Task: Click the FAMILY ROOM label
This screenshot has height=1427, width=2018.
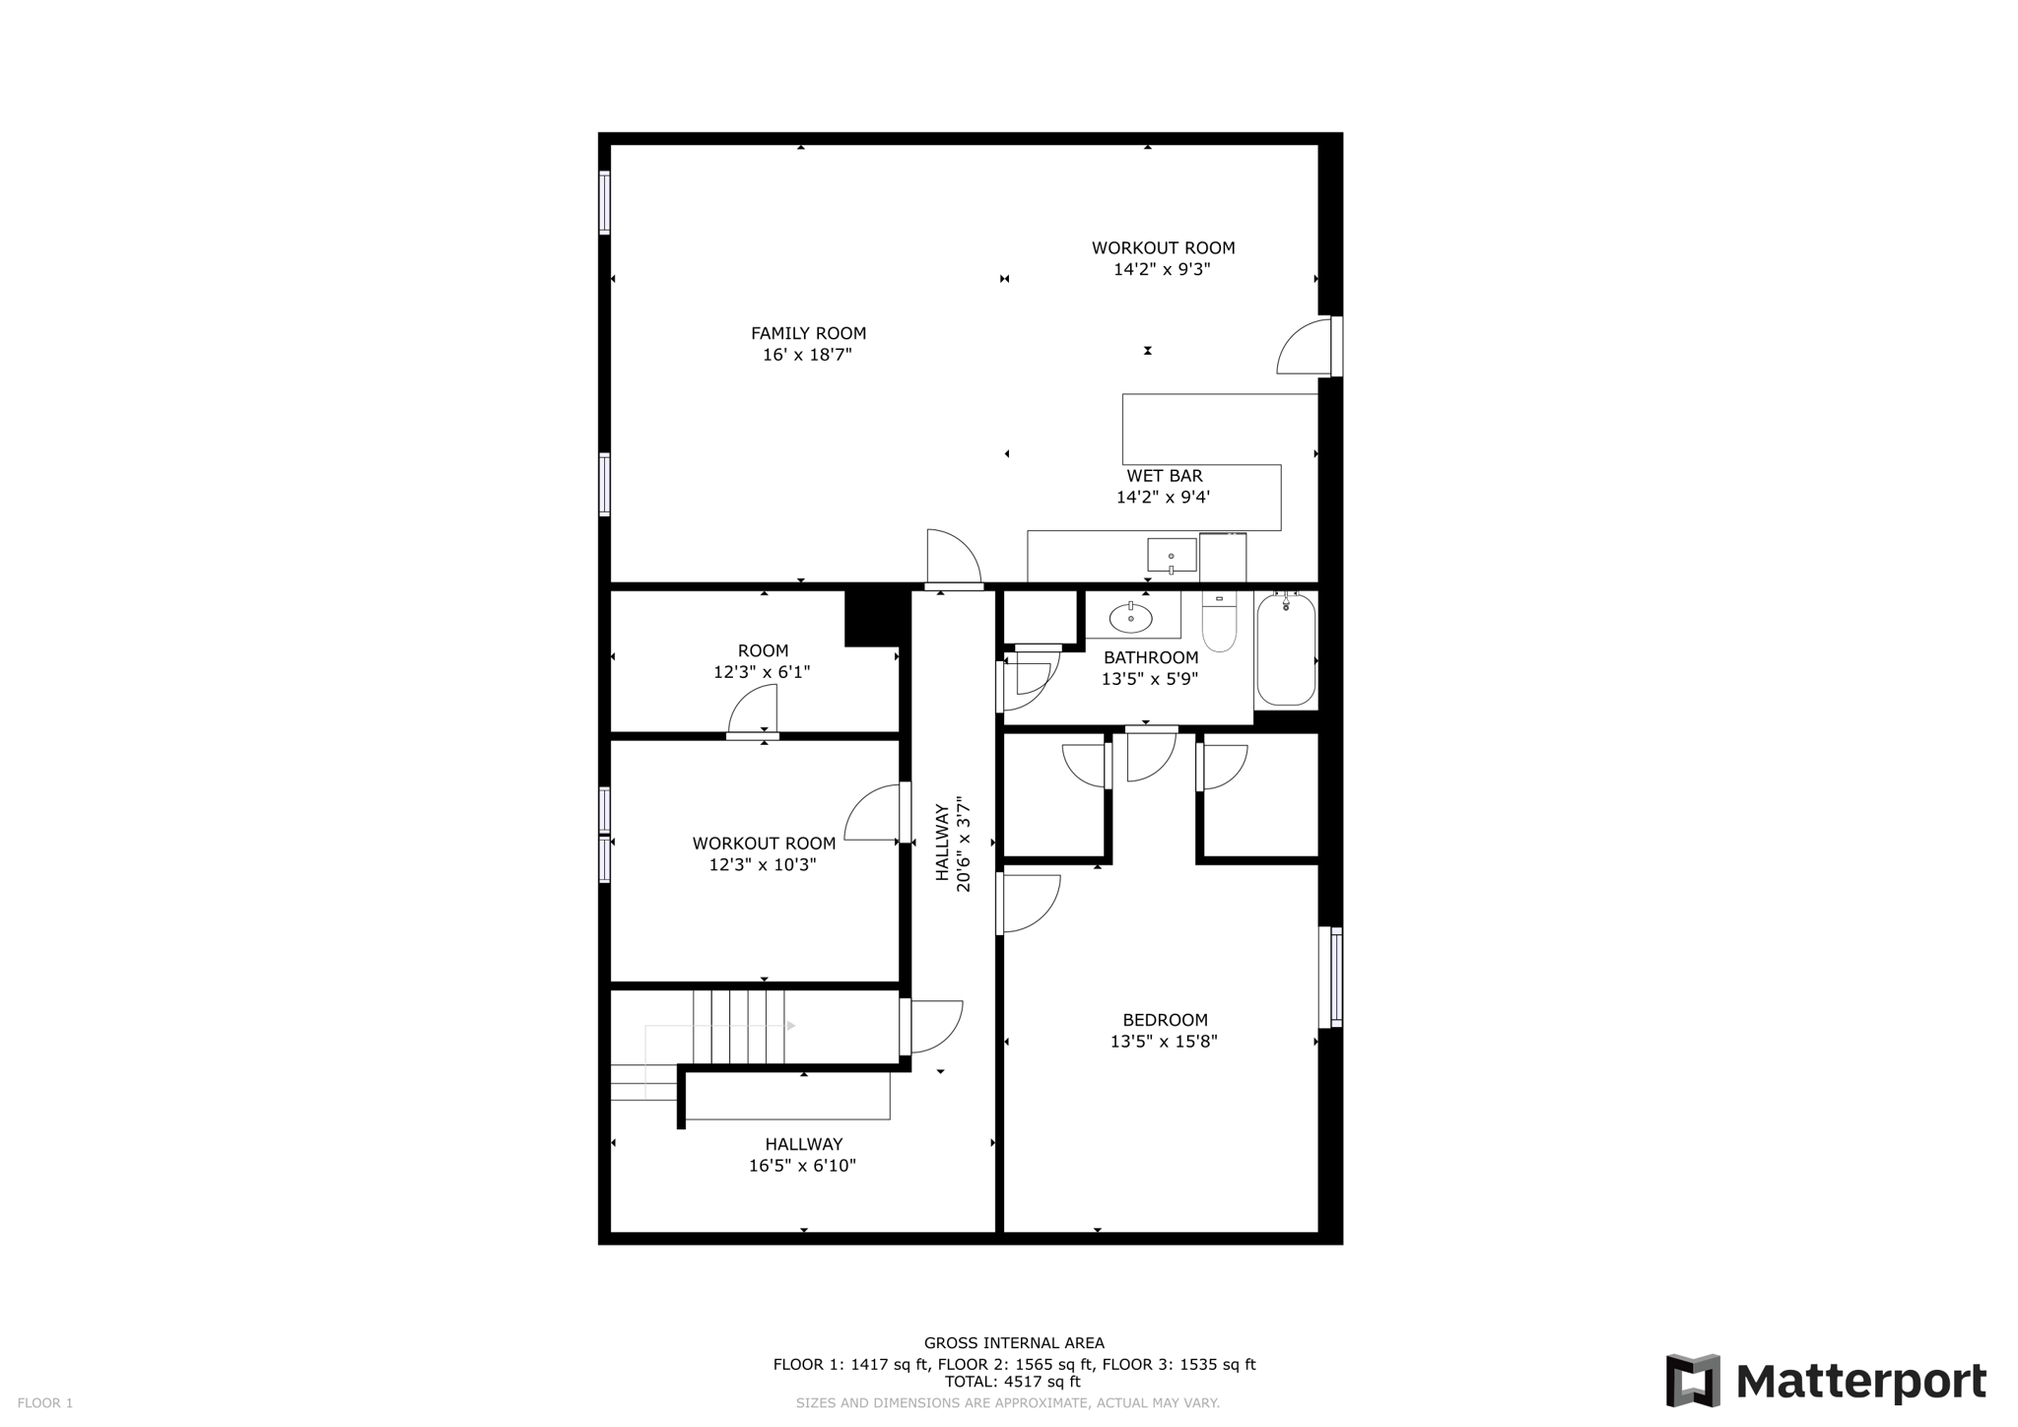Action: pos(808,333)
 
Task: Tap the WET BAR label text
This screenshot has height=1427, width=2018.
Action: pos(1165,476)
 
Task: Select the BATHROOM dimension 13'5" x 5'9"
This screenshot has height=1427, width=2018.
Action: pos(1149,679)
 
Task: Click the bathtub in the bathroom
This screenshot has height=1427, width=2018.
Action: pos(1286,649)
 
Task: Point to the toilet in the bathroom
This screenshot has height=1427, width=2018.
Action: pos(1219,624)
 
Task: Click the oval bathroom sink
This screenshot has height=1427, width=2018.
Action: pos(1130,618)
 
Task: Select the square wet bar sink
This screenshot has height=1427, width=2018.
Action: pos(1172,556)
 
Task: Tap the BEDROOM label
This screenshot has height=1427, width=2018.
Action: pos(1165,1020)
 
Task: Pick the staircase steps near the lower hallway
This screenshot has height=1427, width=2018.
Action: pos(738,1027)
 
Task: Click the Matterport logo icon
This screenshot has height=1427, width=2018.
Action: pos(1692,1380)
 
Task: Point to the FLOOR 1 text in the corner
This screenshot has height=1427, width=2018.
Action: pos(45,1403)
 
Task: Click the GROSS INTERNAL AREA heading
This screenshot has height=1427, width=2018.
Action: pos(1014,1342)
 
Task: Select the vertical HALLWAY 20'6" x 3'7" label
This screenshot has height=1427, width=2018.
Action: pos(953,848)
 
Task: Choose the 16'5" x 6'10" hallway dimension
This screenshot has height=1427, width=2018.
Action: pos(802,1166)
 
